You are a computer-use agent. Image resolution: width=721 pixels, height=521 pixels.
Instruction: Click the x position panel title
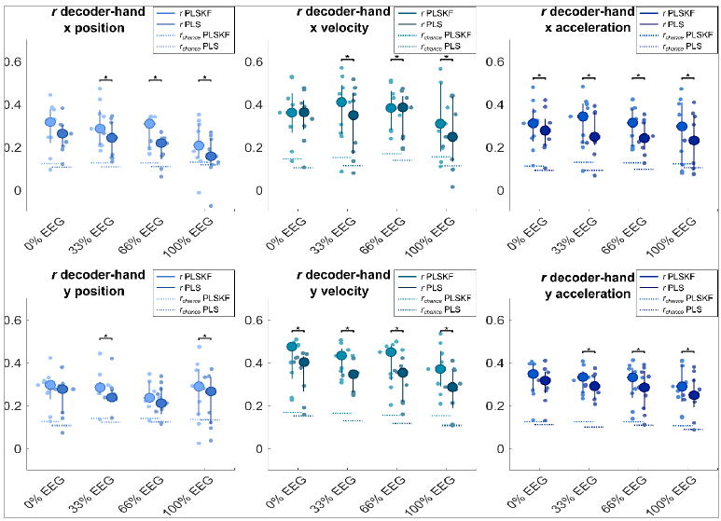tap(87, 20)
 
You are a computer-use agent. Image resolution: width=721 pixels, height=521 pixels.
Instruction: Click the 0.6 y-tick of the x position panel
tap(12, 62)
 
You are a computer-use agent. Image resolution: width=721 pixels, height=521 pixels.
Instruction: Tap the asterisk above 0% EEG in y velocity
tap(297, 328)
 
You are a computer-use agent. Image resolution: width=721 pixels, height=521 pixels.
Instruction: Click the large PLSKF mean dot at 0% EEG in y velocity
tap(292, 347)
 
